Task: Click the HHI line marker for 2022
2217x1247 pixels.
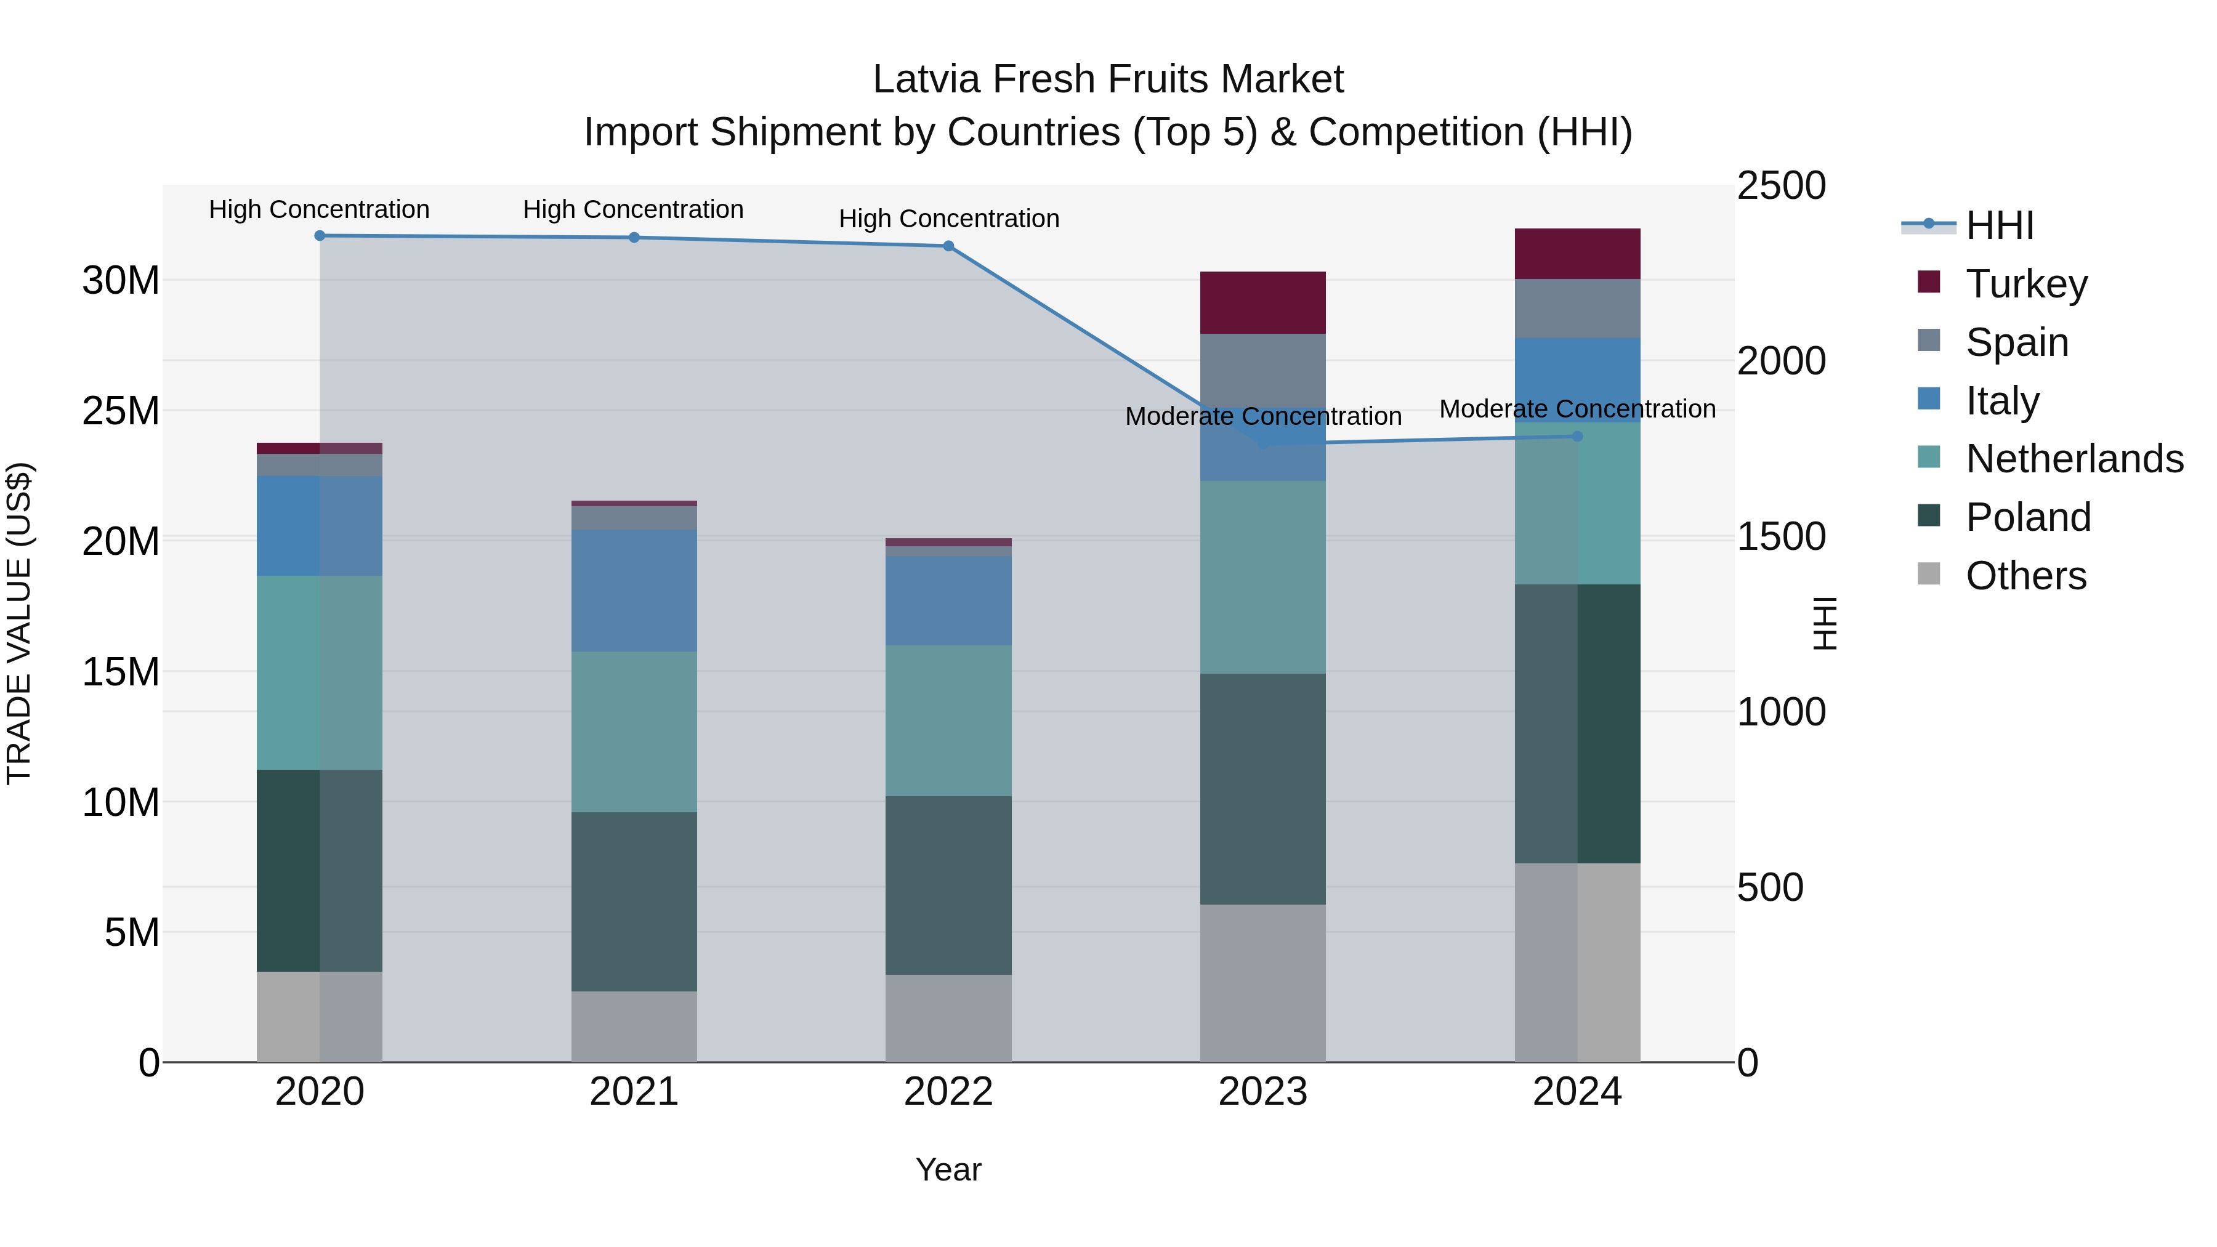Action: (x=948, y=246)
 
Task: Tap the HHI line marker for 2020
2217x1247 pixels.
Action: (x=319, y=236)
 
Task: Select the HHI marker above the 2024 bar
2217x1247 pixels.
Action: (x=1578, y=437)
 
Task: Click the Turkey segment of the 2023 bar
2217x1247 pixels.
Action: (x=1262, y=303)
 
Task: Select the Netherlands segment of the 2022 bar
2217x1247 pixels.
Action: (x=948, y=720)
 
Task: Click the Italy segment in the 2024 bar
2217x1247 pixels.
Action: (x=1578, y=379)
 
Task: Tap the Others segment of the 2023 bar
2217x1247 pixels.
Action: (x=1262, y=983)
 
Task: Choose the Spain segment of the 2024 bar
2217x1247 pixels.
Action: (x=1578, y=308)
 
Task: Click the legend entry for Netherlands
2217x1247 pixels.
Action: (x=2074, y=459)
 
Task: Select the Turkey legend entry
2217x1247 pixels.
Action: (x=2026, y=284)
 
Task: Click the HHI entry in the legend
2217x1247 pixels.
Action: (x=1999, y=225)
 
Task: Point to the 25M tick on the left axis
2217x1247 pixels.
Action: (x=121, y=411)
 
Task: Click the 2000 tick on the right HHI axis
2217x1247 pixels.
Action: (x=1780, y=361)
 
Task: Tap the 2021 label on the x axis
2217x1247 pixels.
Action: (x=634, y=1092)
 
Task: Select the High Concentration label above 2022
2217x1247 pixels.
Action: (x=948, y=219)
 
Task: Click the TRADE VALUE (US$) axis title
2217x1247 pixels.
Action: (x=20, y=623)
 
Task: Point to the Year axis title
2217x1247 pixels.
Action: (x=948, y=1169)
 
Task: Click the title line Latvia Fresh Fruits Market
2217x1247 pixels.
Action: (x=1108, y=79)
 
